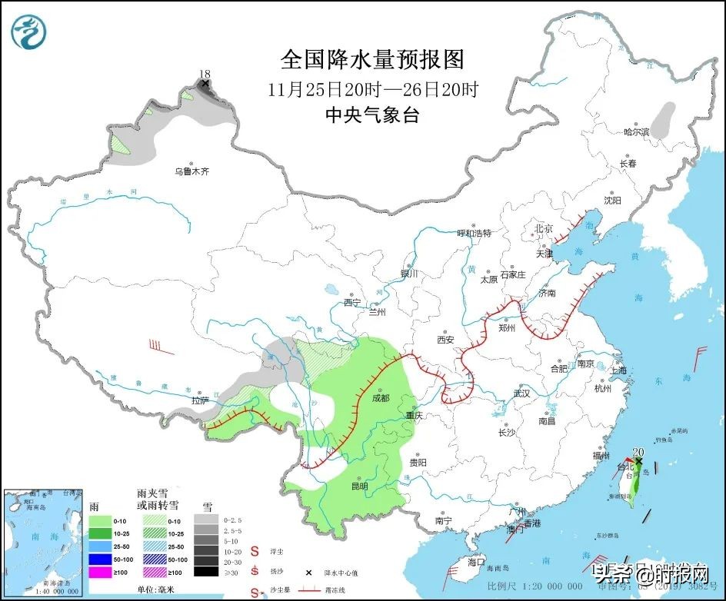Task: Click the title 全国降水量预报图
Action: pyautogui.click(x=373, y=60)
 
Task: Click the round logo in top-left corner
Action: pyautogui.click(x=29, y=31)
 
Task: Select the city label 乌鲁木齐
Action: pyautogui.click(x=191, y=171)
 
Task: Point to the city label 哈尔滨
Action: pyautogui.click(x=637, y=132)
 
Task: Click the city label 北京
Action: pyautogui.click(x=544, y=228)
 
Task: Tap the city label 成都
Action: pyautogui.click(x=379, y=398)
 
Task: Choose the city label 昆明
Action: pyautogui.click(x=359, y=486)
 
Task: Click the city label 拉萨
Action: pyautogui.click(x=200, y=400)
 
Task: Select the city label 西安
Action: pyautogui.click(x=446, y=339)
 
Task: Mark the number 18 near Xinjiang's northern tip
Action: pyautogui.click(x=204, y=74)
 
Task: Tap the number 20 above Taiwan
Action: pyautogui.click(x=637, y=453)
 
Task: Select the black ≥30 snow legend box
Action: pyautogui.click(x=205, y=571)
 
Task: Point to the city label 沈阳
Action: pyautogui.click(x=612, y=201)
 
